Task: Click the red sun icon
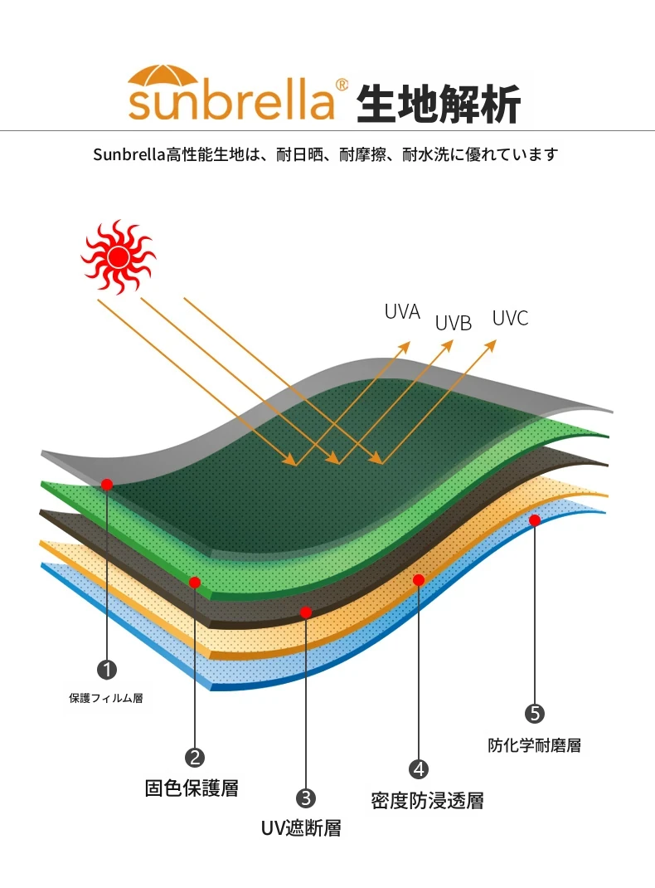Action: tap(119, 256)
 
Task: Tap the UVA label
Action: tap(402, 312)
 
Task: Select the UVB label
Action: tap(453, 324)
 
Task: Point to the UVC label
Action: tap(510, 319)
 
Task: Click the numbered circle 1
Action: tap(107, 670)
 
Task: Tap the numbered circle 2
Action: tap(195, 757)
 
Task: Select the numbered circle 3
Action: tap(305, 798)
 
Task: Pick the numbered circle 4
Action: tap(419, 769)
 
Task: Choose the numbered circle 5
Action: tap(535, 714)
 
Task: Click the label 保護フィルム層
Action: tap(106, 698)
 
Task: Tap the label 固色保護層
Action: tap(192, 788)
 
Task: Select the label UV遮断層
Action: tap(301, 828)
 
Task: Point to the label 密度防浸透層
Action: tap(428, 801)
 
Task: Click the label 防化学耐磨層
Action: tap(535, 745)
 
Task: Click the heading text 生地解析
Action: tap(439, 103)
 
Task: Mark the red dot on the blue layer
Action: tap(535, 520)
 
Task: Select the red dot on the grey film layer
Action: tap(107, 484)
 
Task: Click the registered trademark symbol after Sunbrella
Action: tap(342, 85)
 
